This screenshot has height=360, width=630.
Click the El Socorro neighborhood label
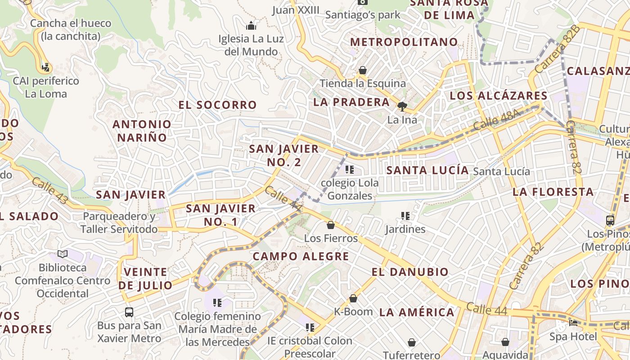217,105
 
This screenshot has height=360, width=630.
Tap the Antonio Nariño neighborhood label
142,130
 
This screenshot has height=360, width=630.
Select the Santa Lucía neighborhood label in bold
427,170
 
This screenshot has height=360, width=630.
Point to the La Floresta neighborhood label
553,192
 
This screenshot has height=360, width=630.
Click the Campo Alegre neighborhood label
301,256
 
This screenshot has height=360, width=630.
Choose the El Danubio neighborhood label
410,272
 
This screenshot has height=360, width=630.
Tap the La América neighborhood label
417,312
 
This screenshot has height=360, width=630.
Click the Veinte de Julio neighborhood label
145,279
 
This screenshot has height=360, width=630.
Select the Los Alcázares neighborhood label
499,95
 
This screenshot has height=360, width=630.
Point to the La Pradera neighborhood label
351,102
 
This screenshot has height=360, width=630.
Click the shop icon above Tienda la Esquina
362,70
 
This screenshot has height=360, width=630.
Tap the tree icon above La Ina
402,107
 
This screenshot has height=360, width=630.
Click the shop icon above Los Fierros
331,225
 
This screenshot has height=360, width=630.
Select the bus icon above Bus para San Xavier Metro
129,312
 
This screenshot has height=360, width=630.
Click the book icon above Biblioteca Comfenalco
62,254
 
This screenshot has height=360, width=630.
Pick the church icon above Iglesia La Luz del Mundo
251,26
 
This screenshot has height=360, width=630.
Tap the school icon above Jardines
405,216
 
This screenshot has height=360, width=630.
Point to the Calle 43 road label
49,190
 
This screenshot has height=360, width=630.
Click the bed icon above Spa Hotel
573,323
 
